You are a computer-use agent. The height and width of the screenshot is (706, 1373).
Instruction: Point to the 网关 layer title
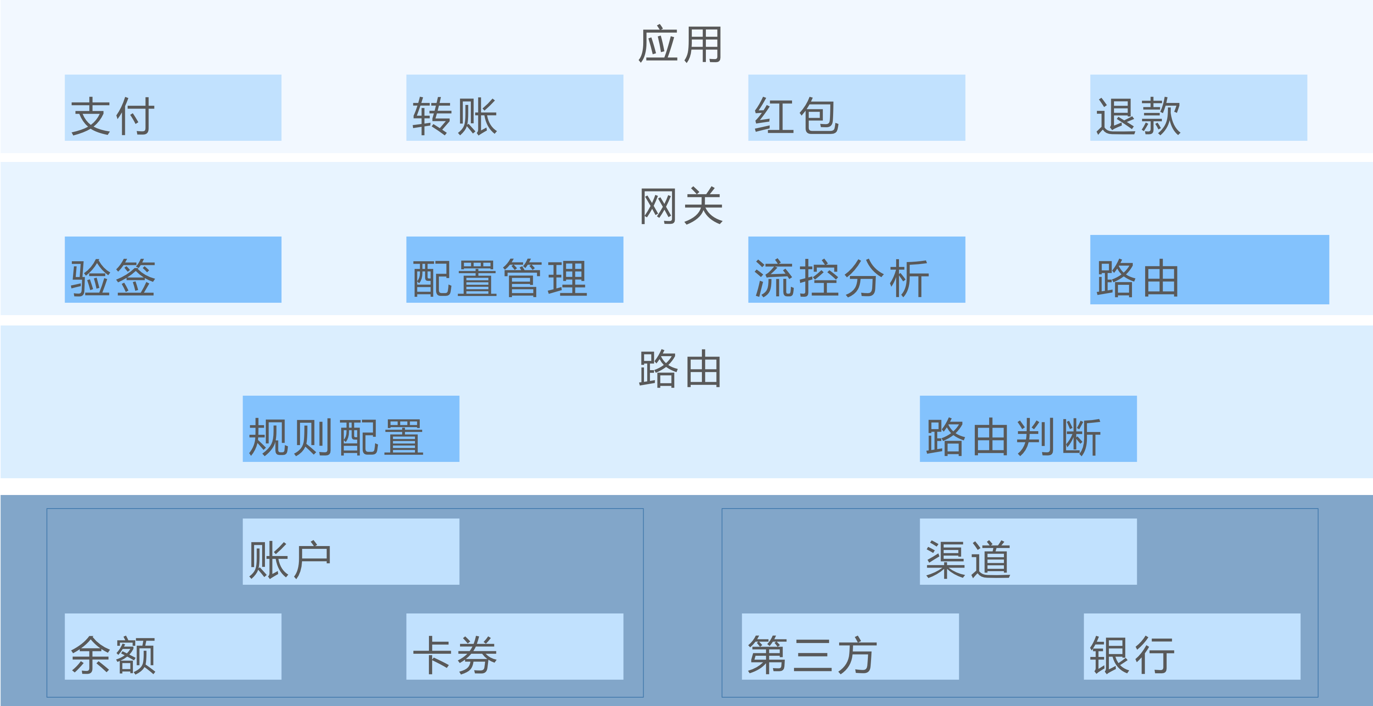[x=681, y=207]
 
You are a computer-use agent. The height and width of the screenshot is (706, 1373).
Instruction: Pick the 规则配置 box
[x=351, y=429]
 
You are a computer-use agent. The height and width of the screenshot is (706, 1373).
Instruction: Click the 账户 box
[x=351, y=552]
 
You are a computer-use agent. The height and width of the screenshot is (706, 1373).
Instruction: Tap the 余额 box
[x=173, y=646]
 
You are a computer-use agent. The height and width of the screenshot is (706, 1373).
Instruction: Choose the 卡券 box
[x=514, y=646]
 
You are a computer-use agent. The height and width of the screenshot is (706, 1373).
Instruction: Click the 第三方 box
[x=850, y=646]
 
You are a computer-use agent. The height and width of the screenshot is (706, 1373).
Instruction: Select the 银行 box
[x=1192, y=646]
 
